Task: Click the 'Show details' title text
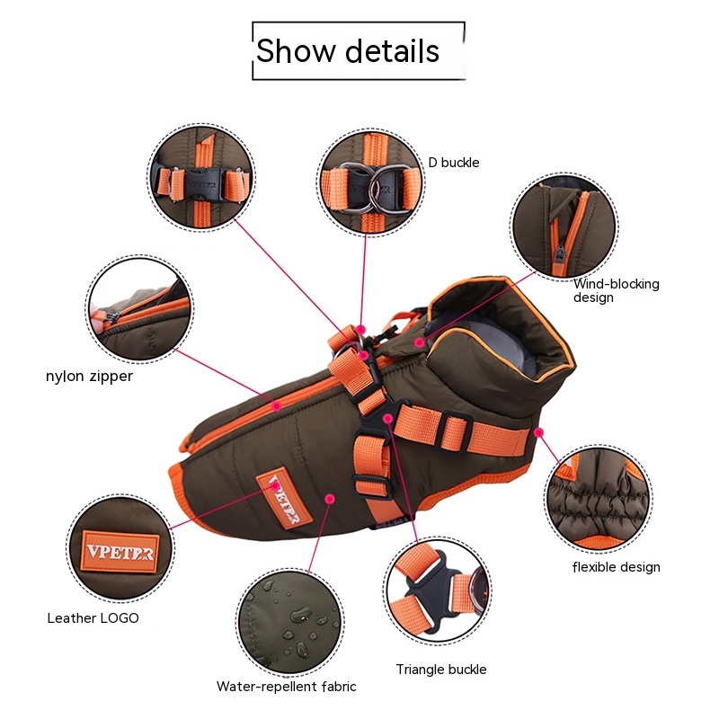[348, 50]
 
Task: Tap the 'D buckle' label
[454, 163]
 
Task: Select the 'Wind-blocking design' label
[617, 290]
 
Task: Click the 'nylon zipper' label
[89, 377]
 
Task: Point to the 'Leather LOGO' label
[93, 617]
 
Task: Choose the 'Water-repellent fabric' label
[286, 686]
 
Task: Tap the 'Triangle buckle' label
[441, 670]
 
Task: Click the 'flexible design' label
[617, 567]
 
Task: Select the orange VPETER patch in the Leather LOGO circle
[120, 552]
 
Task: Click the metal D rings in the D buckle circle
[370, 188]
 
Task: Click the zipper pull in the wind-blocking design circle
[560, 254]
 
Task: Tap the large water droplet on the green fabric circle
[302, 615]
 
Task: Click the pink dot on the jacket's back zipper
[276, 406]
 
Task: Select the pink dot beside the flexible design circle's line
[538, 432]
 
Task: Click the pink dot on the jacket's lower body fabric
[330, 499]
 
